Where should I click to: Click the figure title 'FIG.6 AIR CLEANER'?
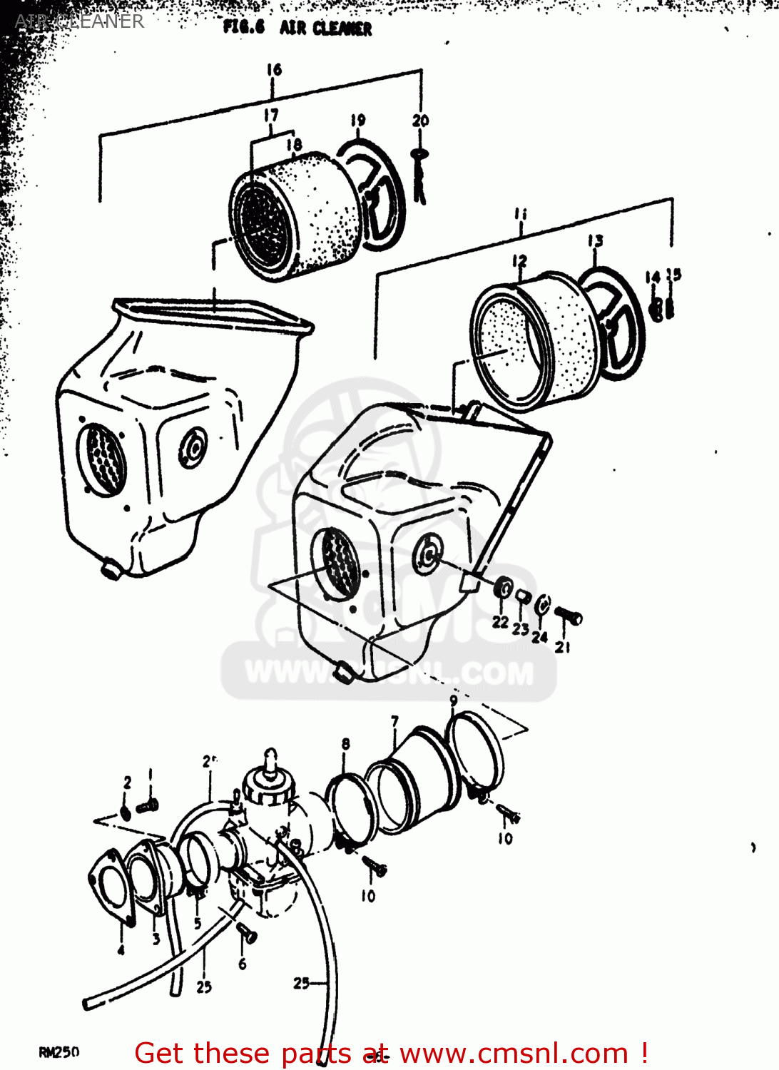click(297, 28)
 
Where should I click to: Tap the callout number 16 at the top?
click(274, 69)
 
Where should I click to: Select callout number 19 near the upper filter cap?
click(357, 120)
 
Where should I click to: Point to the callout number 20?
click(420, 120)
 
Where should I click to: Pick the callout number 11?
click(521, 213)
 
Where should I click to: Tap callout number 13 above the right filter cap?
click(595, 241)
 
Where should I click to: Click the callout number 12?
click(519, 261)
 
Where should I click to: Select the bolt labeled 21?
click(568, 615)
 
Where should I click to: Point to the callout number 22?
click(500, 621)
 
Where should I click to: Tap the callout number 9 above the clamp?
click(454, 700)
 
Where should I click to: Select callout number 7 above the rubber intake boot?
click(394, 722)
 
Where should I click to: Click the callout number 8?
click(345, 744)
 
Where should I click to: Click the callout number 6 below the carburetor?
click(243, 964)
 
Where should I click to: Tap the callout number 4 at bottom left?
click(121, 949)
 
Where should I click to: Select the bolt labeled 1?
click(148, 806)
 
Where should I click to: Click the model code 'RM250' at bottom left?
click(59, 1052)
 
